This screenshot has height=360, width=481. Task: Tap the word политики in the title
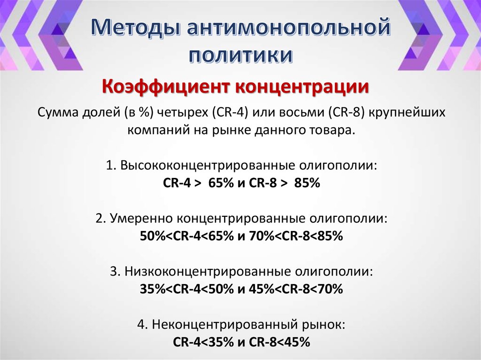tap(240, 55)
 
